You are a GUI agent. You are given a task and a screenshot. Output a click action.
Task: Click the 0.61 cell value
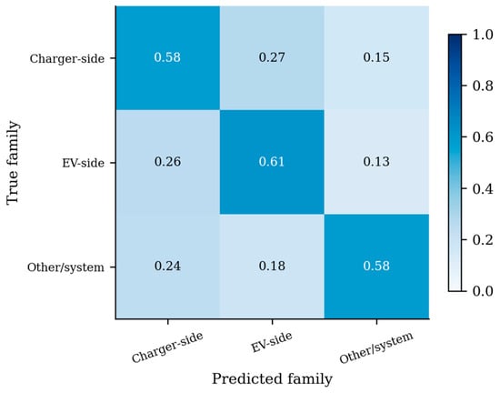click(x=272, y=162)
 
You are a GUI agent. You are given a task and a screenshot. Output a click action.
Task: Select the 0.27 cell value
click(x=272, y=57)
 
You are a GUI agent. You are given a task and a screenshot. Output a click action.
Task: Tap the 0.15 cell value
click(x=376, y=57)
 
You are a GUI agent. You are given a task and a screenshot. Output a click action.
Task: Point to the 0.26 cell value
click(x=167, y=162)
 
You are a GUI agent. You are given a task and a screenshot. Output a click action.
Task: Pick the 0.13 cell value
click(x=376, y=162)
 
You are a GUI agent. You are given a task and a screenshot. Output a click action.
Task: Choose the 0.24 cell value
click(x=167, y=266)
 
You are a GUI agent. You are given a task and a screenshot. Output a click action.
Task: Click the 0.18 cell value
click(x=272, y=266)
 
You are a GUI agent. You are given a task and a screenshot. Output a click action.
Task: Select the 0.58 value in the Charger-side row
click(x=167, y=57)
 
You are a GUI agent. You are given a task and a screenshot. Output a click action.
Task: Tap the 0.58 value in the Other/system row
click(x=376, y=266)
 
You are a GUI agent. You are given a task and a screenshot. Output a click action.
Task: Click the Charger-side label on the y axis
click(x=67, y=59)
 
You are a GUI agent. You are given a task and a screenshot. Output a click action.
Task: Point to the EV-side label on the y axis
click(x=84, y=163)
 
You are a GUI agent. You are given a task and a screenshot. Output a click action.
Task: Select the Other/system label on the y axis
click(x=65, y=267)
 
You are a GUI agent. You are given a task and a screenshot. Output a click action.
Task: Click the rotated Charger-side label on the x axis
click(x=167, y=348)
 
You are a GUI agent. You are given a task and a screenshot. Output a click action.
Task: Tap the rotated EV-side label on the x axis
click(x=272, y=342)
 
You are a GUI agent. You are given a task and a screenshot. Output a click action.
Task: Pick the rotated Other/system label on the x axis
click(x=376, y=348)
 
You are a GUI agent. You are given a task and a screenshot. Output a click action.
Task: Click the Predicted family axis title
click(x=272, y=379)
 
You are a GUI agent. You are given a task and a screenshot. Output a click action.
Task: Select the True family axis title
click(x=13, y=162)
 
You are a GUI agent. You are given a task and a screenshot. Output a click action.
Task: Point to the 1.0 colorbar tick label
click(x=483, y=35)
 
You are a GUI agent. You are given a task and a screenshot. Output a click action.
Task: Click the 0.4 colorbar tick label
click(x=483, y=189)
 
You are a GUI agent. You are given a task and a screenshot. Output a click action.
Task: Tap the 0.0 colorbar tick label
click(x=483, y=291)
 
